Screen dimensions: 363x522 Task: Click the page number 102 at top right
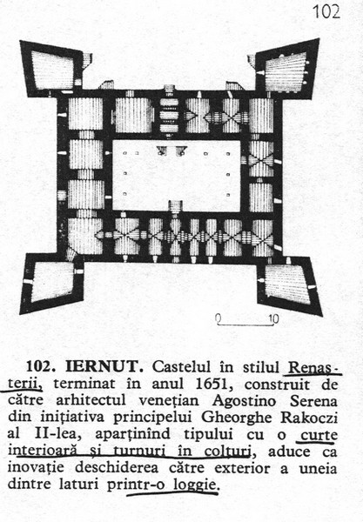pos(326,12)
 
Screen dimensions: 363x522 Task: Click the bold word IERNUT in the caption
pos(105,366)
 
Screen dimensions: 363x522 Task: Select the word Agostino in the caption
pos(244,401)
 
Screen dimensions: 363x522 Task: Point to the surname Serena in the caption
pos(313,401)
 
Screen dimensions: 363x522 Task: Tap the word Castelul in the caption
pos(181,366)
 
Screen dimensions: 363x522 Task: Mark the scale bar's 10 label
pos(273,319)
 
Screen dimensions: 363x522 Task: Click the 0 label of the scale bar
pos(218,318)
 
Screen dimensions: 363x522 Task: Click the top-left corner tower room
pos(52,70)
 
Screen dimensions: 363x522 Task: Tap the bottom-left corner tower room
pos(51,282)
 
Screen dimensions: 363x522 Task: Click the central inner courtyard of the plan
pos(177,176)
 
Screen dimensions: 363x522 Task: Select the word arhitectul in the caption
pos(91,401)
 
